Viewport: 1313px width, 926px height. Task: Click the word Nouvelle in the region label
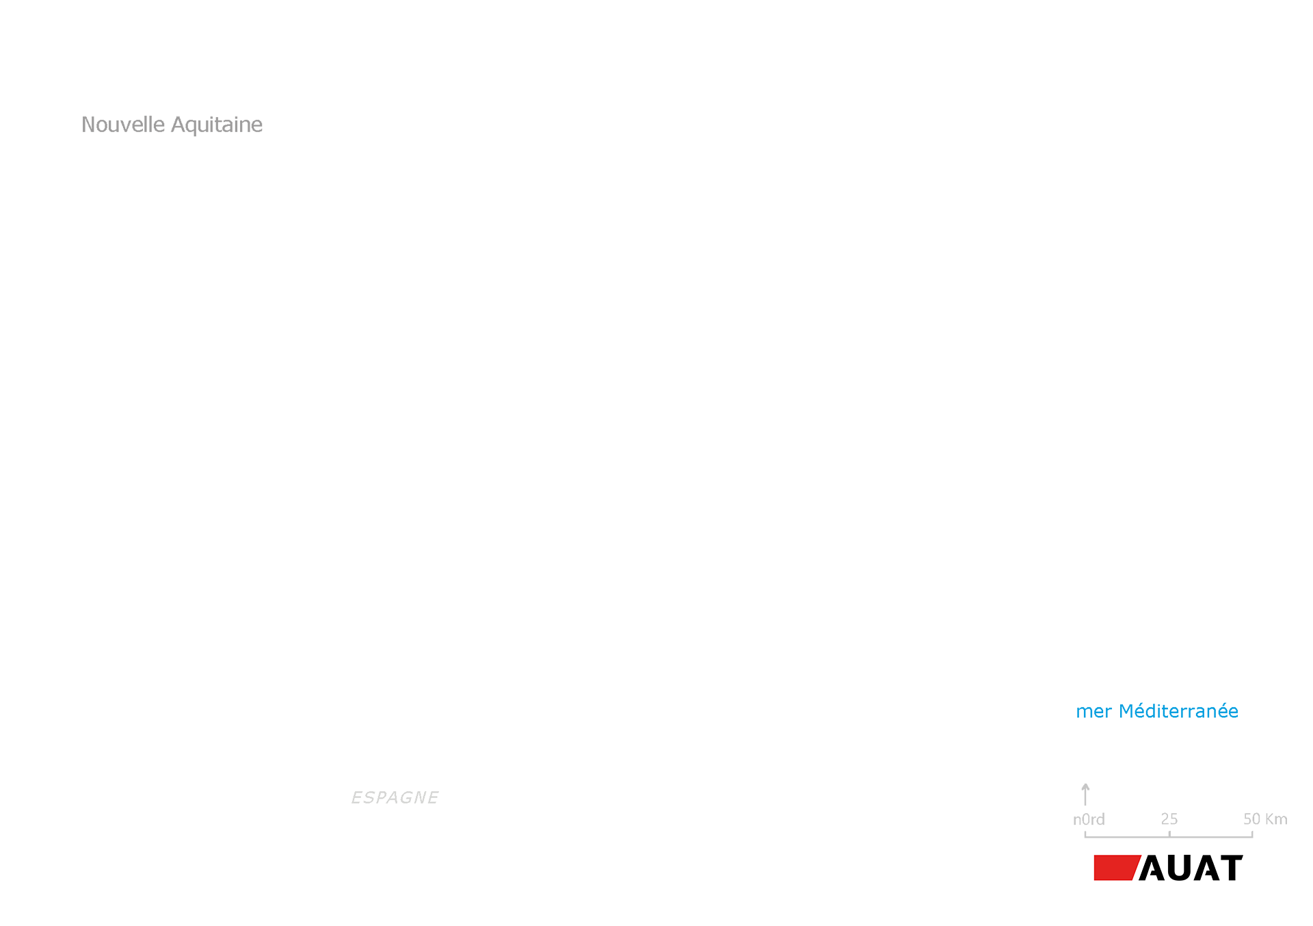coord(123,125)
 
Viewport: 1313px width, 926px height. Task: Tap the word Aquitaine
coord(217,125)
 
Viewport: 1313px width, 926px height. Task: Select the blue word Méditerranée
coord(1178,711)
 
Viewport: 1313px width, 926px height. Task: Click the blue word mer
coord(1093,712)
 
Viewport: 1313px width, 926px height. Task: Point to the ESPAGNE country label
coord(395,797)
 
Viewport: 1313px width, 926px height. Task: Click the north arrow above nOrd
coord(1085,795)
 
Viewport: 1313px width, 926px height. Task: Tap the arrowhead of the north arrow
coord(1085,786)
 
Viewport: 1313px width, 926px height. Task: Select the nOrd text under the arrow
coord(1089,819)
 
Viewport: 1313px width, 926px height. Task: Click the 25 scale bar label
coord(1169,819)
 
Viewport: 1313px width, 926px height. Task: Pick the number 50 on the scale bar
coord(1252,819)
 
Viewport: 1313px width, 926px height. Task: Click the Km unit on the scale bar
coord(1276,819)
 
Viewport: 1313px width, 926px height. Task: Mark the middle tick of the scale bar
coord(1169,834)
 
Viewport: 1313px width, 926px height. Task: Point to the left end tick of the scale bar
coord(1085,834)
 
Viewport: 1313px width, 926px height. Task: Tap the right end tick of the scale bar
coord(1252,834)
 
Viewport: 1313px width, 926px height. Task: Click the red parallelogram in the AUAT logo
coord(1117,868)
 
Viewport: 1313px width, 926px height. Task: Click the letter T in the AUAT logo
coord(1230,868)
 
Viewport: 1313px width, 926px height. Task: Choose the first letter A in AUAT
coord(1152,868)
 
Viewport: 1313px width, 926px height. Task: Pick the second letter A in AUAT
coord(1204,868)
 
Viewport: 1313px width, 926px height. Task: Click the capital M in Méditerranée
coord(1126,712)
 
